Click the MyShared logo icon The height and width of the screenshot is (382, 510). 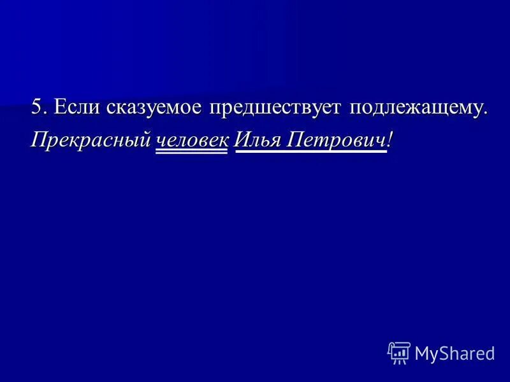click(398, 353)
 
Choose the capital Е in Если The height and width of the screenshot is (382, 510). click(60, 107)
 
